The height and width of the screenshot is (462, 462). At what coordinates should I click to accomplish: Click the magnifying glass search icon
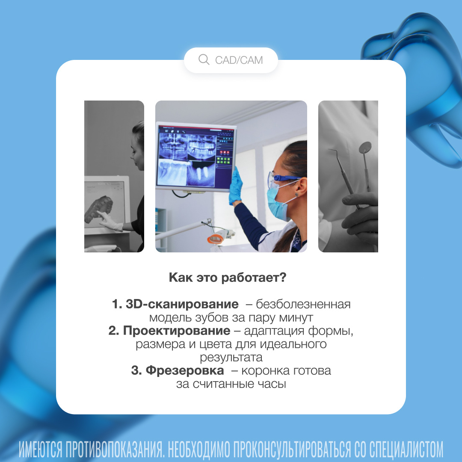coord(204,59)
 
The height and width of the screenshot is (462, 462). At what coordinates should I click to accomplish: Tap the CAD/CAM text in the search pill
coord(239,60)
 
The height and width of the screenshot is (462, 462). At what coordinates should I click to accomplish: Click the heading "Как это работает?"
coord(228,278)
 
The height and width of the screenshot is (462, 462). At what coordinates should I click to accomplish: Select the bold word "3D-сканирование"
coord(182,304)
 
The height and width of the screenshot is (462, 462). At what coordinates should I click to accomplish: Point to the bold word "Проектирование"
coord(177,331)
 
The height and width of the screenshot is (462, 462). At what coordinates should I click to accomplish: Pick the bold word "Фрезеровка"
coord(185,370)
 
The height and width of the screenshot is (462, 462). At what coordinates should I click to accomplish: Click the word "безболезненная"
coord(303,304)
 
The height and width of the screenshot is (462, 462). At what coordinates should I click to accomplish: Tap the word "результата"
coord(231,357)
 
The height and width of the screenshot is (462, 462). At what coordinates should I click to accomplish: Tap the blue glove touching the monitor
coord(236,186)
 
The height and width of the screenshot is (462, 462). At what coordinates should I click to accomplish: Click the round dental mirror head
coord(365,148)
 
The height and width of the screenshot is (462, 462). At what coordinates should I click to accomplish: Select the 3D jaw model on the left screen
coord(99,209)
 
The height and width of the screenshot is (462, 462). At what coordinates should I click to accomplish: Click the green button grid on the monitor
coord(223,160)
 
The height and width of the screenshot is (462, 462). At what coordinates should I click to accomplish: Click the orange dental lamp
coord(217,237)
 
